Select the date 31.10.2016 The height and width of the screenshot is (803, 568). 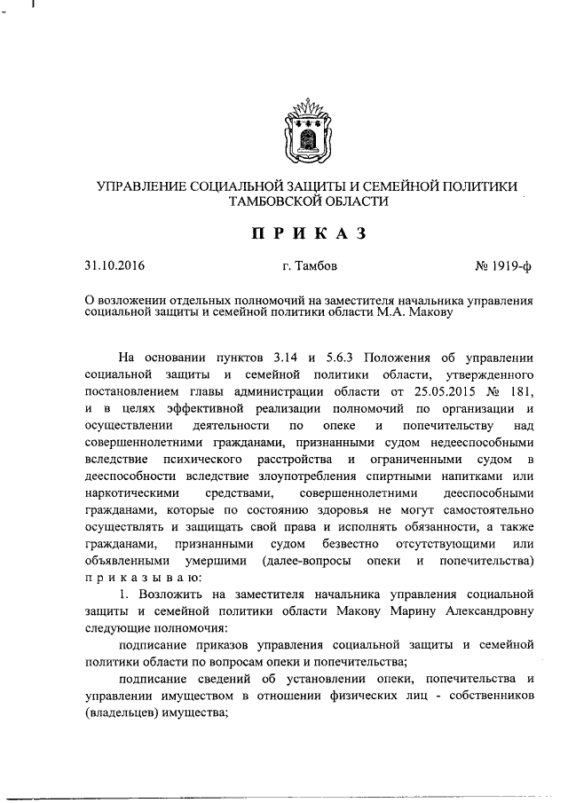114,265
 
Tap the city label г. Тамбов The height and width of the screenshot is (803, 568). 308,265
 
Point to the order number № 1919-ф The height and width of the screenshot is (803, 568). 501,265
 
